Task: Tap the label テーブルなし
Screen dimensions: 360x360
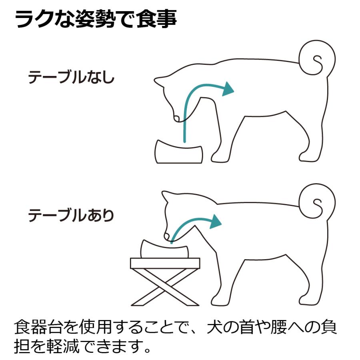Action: [x=71, y=78]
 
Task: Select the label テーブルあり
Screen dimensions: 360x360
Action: [x=71, y=216]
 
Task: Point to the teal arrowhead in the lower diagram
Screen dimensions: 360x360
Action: [x=215, y=221]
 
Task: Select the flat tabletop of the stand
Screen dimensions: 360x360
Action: [x=165, y=263]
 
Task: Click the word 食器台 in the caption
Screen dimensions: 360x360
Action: [x=38, y=328]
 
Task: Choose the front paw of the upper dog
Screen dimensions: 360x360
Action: [x=220, y=159]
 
